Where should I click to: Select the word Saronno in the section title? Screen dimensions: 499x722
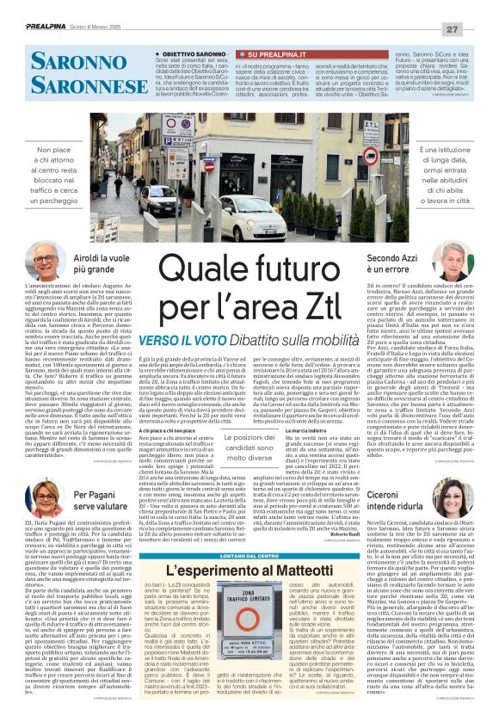[60, 60]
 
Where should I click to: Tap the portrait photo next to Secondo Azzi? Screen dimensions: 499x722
[454, 259]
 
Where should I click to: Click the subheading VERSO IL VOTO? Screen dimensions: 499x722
[192, 339]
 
